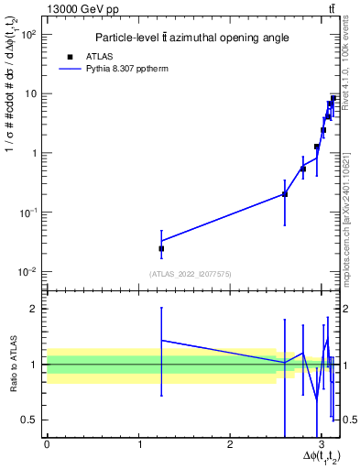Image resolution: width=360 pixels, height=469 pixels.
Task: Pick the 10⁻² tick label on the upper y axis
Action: (x=28, y=272)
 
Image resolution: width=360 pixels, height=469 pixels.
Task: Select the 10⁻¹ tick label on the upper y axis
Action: (x=28, y=213)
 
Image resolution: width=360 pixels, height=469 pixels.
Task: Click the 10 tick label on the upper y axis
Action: (x=31, y=93)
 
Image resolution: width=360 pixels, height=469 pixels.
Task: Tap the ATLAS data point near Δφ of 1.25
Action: (x=161, y=248)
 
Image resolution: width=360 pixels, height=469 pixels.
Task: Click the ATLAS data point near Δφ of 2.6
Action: (x=285, y=194)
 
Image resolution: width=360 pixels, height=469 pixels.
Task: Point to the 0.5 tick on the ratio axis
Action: (x=29, y=420)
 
